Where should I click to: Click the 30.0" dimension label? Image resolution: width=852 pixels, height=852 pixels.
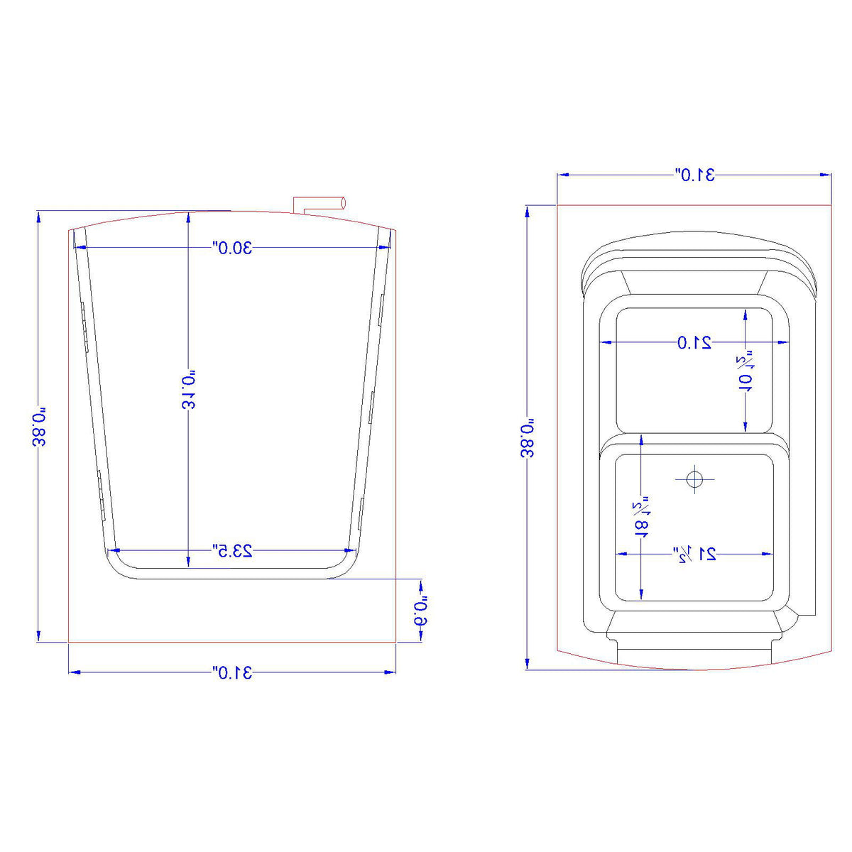point(232,248)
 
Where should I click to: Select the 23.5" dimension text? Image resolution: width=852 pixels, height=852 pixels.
point(232,550)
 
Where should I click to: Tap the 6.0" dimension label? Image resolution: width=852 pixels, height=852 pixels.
point(422,610)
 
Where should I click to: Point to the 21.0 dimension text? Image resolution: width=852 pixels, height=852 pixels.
point(694,343)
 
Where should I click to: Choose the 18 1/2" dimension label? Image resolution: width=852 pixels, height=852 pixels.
point(641,517)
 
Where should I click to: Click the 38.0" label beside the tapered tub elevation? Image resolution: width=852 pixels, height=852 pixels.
point(39,427)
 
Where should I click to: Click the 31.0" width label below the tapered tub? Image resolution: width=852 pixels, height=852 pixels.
point(232,672)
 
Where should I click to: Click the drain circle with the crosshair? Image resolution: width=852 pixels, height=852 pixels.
point(694,480)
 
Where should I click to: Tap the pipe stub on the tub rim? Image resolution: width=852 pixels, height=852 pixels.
point(319,203)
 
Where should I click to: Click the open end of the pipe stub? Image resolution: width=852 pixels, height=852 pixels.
point(344,202)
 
